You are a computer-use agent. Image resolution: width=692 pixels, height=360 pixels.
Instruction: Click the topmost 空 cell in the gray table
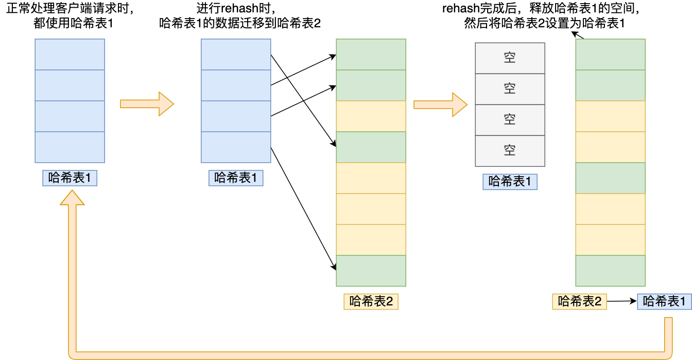(510, 58)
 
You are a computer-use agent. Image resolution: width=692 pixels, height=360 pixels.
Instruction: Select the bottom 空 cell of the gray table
(510, 151)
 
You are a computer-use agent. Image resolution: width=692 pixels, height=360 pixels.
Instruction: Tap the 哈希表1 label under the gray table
(510, 182)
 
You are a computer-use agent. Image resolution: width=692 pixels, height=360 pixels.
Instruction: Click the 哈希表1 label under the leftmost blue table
(70, 178)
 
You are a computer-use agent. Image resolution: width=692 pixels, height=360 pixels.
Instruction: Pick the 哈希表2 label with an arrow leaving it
(579, 302)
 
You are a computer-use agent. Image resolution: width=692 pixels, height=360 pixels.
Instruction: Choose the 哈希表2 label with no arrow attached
(371, 302)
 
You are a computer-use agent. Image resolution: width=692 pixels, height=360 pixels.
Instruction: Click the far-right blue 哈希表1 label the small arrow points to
(664, 302)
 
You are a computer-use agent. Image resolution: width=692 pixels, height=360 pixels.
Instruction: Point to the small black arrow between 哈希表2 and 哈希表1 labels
(622, 302)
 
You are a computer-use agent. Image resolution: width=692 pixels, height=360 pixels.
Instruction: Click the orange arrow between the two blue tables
(147, 104)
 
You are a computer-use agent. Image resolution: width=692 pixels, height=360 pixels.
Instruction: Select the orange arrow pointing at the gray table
(440, 105)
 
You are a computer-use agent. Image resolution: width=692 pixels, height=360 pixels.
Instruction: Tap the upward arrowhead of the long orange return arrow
(72, 198)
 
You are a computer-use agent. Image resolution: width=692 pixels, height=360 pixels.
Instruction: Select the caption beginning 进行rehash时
(240, 16)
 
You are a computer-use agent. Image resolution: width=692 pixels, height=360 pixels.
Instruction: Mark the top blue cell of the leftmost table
(70, 55)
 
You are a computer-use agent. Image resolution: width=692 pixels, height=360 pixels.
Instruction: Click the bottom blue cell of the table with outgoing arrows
(236, 147)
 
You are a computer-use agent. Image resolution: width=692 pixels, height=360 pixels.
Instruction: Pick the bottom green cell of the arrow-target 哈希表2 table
(371, 271)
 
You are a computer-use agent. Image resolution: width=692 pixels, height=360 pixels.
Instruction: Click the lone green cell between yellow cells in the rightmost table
(610, 178)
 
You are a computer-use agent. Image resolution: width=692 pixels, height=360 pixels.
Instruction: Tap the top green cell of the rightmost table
(610, 55)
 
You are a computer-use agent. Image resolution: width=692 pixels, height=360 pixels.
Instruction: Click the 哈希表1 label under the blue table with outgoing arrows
(236, 178)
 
